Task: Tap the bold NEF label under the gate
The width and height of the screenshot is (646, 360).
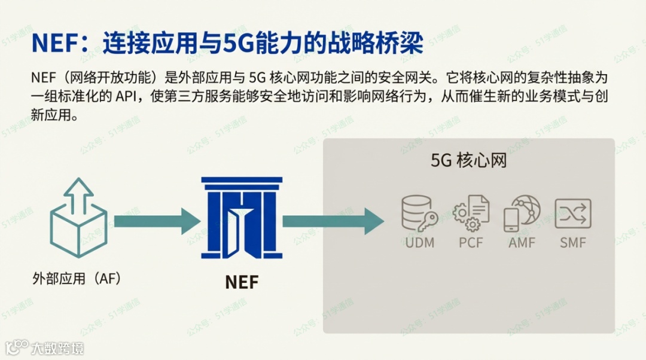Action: (x=242, y=282)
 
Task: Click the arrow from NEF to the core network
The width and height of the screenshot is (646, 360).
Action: (x=333, y=221)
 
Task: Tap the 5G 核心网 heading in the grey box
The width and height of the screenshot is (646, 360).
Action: (x=468, y=160)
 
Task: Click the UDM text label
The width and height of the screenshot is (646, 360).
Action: (x=419, y=243)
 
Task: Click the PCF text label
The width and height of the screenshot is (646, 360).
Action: (x=471, y=243)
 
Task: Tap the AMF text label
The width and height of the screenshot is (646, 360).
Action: (x=522, y=243)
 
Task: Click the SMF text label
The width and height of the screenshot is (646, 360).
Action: (x=573, y=243)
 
